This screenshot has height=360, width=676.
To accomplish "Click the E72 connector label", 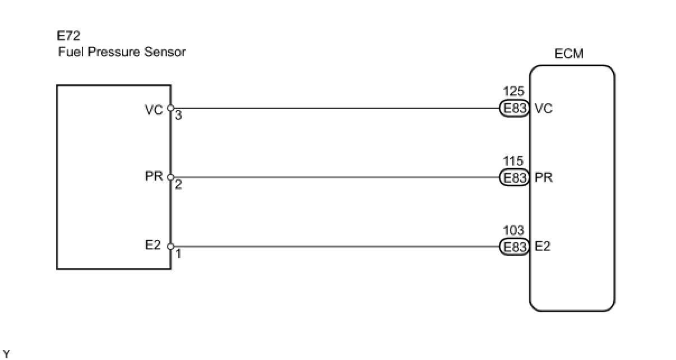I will (69, 37).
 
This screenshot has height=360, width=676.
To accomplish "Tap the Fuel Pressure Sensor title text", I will (122, 53).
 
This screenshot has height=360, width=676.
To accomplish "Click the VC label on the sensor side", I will (153, 110).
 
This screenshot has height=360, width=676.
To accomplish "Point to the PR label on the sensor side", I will (153, 177).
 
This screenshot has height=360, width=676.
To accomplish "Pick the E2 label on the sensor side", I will (153, 245).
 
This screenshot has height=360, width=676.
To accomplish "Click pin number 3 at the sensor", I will (178, 116).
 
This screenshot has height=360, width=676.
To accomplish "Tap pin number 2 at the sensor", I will (178, 184).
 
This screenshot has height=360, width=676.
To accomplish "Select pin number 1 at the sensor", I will (178, 253).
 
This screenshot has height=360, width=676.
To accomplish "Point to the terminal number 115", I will (513, 162).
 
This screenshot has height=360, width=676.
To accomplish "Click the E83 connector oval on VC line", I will (513, 108).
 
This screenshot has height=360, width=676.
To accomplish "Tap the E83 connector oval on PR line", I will (513, 178).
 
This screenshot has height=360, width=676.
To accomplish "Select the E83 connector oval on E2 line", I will (513, 247).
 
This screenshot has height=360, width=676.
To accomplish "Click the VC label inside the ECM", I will (544, 109).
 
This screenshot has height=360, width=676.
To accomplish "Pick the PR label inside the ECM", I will (544, 178).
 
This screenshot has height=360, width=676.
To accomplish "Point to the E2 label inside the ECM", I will (543, 247).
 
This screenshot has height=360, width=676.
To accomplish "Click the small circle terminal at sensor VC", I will (170, 108).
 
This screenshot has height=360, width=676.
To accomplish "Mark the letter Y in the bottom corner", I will (6, 353).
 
